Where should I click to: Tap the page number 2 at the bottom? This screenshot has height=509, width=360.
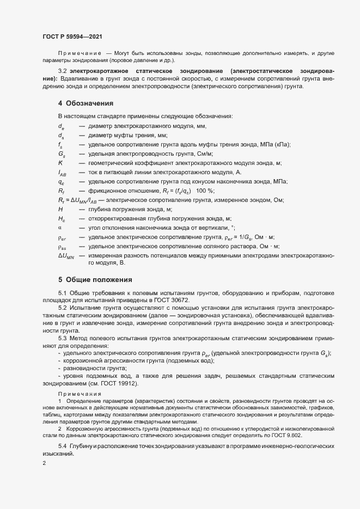(44, 463)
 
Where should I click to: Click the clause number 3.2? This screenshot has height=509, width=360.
(62, 71)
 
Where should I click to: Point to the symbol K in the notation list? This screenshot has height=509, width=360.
(60, 163)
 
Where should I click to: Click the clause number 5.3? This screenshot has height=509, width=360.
(62, 338)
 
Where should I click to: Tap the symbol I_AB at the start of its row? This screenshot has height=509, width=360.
(62, 173)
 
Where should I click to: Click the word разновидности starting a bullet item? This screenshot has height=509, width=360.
(84, 368)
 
